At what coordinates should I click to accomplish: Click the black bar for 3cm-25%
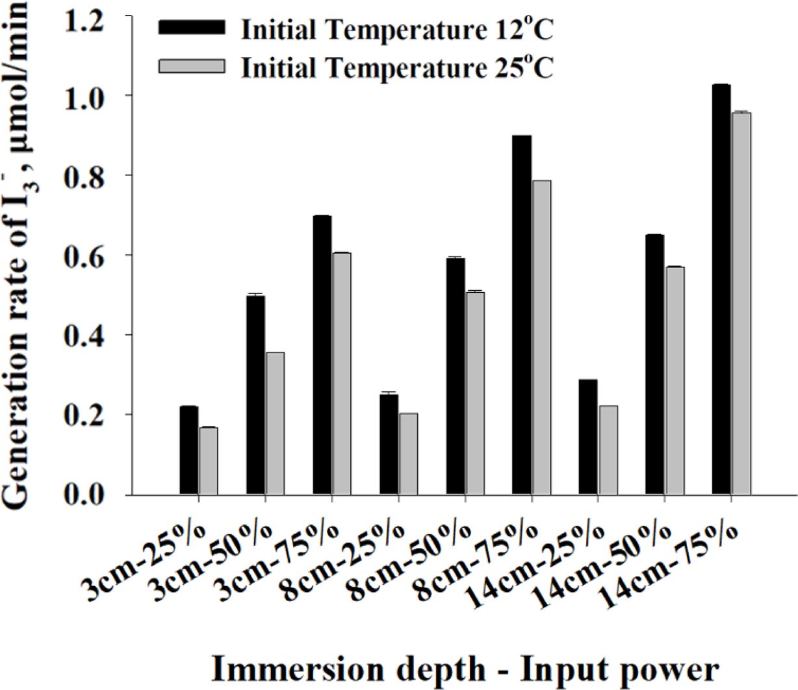(x=189, y=450)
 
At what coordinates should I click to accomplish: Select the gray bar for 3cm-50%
(x=275, y=423)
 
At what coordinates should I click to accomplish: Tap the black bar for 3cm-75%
(x=322, y=355)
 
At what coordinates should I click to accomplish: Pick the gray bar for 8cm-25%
(x=408, y=454)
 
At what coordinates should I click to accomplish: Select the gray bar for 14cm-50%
(x=675, y=380)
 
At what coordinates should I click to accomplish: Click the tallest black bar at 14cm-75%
(x=721, y=290)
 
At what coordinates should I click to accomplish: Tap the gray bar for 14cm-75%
(x=741, y=303)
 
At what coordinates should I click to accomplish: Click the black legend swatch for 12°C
(x=192, y=27)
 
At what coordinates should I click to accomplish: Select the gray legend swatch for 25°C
(x=192, y=66)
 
